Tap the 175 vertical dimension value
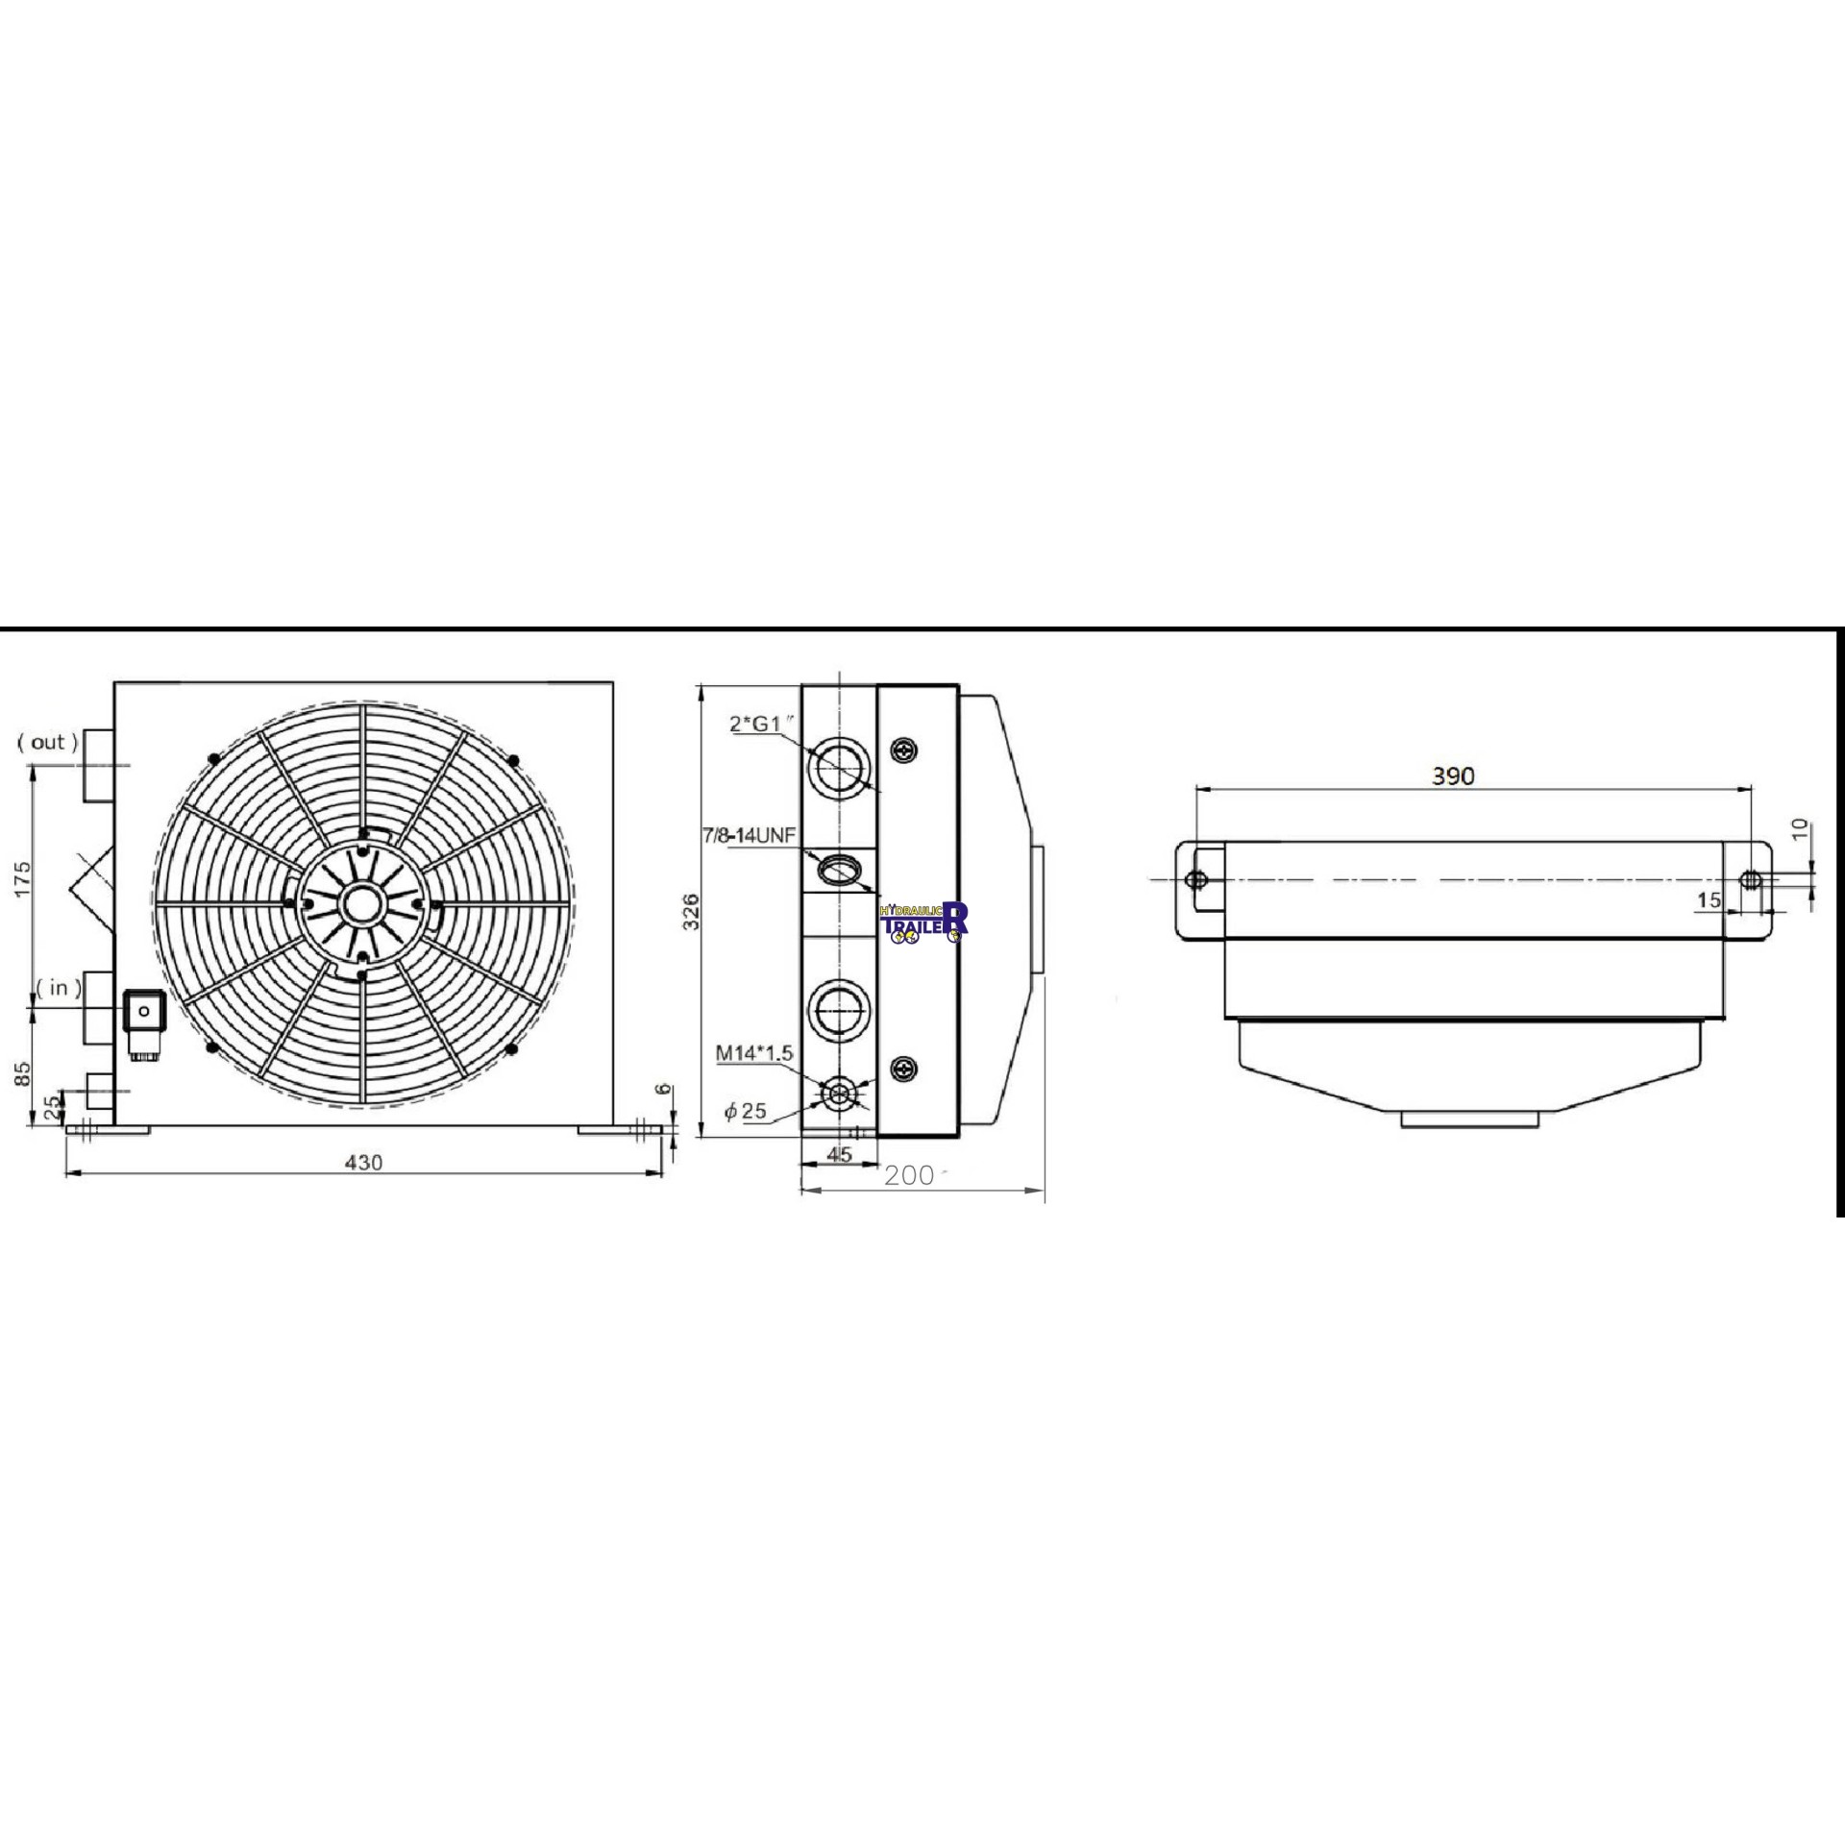point(23,878)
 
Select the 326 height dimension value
point(690,912)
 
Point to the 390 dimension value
point(1452,775)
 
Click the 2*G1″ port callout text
point(764,724)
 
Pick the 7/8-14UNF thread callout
point(750,835)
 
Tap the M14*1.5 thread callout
point(754,1053)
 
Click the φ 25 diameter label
point(746,1111)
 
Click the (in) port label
point(59,988)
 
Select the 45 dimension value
point(839,1154)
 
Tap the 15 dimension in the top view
point(1709,900)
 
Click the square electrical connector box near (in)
point(143,1011)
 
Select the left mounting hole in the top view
point(1196,879)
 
